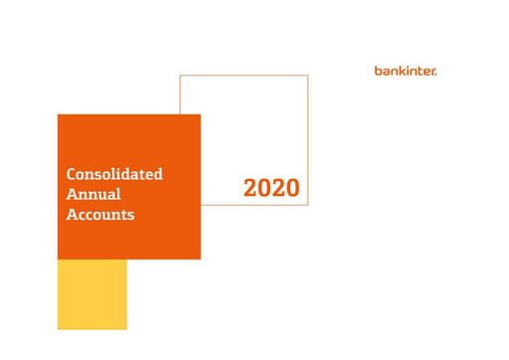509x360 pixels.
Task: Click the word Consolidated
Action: (x=114, y=174)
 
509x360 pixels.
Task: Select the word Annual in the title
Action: (x=93, y=194)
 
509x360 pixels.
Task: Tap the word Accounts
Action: (x=99, y=214)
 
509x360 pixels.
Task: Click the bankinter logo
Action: (x=405, y=71)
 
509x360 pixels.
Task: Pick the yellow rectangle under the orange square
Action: (x=92, y=294)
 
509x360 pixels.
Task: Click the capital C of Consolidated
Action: (x=72, y=174)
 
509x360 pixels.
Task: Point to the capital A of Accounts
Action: (x=72, y=214)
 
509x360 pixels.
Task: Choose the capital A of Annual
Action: (x=72, y=194)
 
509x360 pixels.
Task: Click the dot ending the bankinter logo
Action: (x=435, y=73)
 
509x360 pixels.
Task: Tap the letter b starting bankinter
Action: (x=378, y=71)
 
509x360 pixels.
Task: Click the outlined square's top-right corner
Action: (x=307, y=76)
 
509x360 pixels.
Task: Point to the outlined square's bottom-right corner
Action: (x=307, y=205)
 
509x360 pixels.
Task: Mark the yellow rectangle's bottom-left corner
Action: (x=58, y=329)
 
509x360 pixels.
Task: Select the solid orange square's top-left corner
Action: (x=58, y=114)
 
